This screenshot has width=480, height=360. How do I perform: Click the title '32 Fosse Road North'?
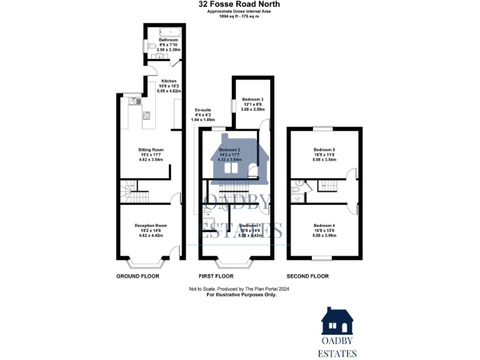tap(239, 4)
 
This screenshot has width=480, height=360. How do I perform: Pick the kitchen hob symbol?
tap(146, 115)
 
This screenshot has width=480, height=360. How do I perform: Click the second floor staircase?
tap(328, 185)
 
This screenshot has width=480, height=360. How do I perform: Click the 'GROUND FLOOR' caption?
tap(137, 276)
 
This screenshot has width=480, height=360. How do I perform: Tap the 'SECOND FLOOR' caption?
tap(307, 276)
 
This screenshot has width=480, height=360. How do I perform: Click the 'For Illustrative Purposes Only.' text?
tap(241, 295)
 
